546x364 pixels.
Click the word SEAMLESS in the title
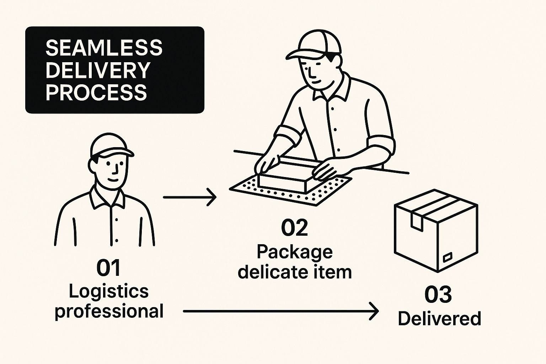tap(104, 48)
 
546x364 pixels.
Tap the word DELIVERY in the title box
tap(98, 70)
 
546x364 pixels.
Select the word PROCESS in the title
tap(96, 92)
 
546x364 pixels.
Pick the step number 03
tap(438, 295)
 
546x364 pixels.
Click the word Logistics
tap(108, 291)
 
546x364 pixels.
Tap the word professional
tap(109, 311)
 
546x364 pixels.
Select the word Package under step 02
tap(294, 252)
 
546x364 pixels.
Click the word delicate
tap(273, 272)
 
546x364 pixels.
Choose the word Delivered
tap(439, 318)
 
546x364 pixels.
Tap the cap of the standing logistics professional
tap(110, 146)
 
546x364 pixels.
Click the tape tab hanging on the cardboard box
tap(416, 220)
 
